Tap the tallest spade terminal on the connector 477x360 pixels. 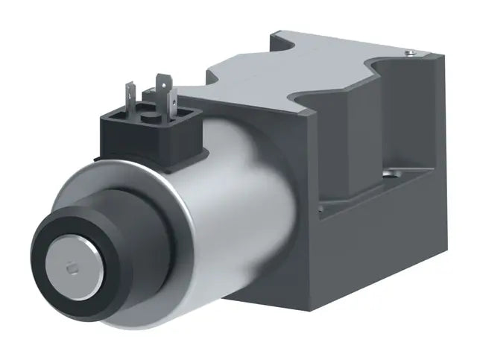point(162,89)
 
